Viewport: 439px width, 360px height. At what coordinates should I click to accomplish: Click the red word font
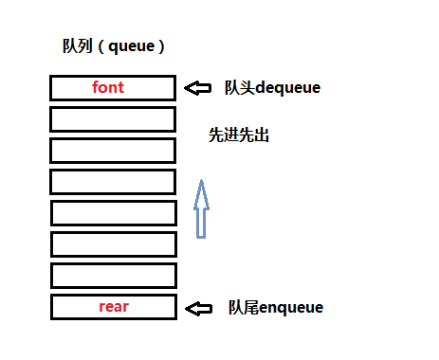coord(108,88)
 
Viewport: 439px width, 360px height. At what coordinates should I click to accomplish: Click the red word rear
coord(113,307)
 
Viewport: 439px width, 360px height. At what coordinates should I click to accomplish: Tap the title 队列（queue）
coord(112,46)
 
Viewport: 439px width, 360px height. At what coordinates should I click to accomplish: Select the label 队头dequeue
coord(272,88)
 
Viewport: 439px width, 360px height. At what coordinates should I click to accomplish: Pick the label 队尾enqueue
coord(276,308)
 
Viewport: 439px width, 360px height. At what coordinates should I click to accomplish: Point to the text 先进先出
coord(239,135)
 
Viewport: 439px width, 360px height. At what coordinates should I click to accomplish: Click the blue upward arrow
coord(200,209)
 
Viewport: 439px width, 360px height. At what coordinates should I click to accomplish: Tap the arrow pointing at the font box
coord(197,88)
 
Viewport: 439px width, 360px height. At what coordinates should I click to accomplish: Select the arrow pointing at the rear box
coord(198,308)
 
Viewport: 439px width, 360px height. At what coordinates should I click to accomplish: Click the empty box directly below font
coord(113,119)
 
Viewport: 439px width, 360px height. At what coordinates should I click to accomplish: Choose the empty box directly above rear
coord(113,276)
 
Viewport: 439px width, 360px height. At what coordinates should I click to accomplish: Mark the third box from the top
coord(113,151)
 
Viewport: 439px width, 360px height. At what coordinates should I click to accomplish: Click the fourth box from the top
coord(113,182)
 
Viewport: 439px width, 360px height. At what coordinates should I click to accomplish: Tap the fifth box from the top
coord(113,213)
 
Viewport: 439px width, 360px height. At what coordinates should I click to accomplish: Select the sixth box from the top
coord(113,244)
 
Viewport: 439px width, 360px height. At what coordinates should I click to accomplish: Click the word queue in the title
coord(132,46)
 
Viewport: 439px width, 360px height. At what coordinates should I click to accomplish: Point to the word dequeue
coord(288,88)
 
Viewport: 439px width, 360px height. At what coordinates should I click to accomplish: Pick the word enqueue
coord(291,308)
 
